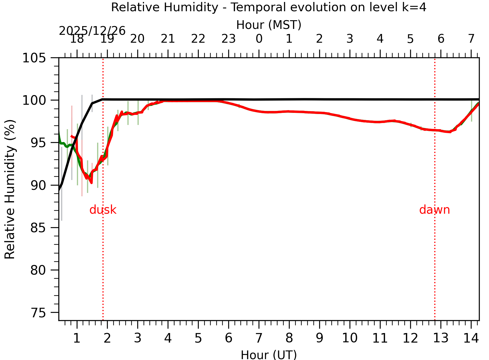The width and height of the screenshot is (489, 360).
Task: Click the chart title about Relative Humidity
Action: tap(269, 7)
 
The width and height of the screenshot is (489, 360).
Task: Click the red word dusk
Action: tap(103, 210)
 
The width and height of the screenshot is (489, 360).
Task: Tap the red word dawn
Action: tap(434, 210)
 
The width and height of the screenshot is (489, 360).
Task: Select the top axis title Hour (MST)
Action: tap(269, 25)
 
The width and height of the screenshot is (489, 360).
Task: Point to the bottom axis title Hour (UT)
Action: tap(269, 355)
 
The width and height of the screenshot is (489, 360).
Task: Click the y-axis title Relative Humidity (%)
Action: tap(10, 189)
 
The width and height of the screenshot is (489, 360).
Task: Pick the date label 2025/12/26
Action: tap(92, 31)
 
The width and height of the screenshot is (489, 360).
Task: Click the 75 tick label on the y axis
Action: tap(38, 313)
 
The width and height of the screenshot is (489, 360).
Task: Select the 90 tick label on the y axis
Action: tap(38, 185)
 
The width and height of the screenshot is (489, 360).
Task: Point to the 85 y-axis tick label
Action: tap(38, 228)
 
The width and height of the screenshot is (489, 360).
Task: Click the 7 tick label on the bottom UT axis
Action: tap(259, 338)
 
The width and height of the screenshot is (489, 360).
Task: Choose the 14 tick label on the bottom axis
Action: tap(471, 338)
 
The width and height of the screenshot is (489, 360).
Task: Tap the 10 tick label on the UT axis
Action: tap(349, 338)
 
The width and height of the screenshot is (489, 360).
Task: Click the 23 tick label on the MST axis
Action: tap(228, 39)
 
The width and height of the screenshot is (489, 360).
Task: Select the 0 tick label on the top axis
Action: tap(259, 39)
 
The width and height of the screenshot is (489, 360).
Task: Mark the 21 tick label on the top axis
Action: tap(168, 39)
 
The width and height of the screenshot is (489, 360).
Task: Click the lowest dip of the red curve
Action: tap(92, 183)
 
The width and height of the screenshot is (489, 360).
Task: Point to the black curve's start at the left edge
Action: tap(59, 190)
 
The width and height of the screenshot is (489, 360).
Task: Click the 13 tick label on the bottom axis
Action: tap(441, 338)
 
